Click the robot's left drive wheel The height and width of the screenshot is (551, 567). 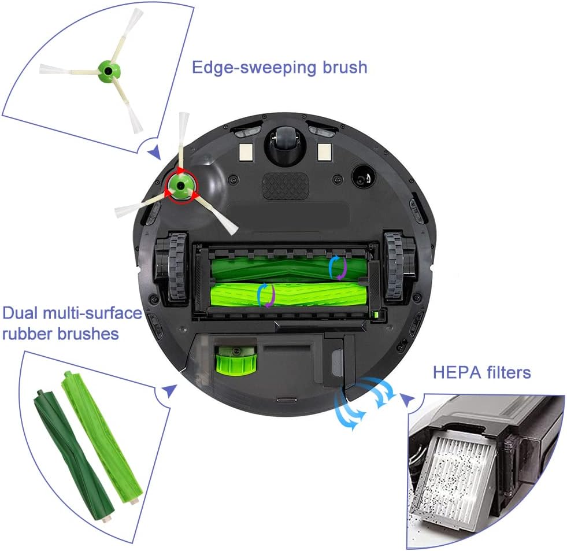click(x=169, y=269)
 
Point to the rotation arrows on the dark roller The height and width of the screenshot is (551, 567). click(x=337, y=268)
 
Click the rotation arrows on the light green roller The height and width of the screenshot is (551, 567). click(x=266, y=294)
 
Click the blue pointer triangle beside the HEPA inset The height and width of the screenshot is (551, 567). click(x=408, y=400)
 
